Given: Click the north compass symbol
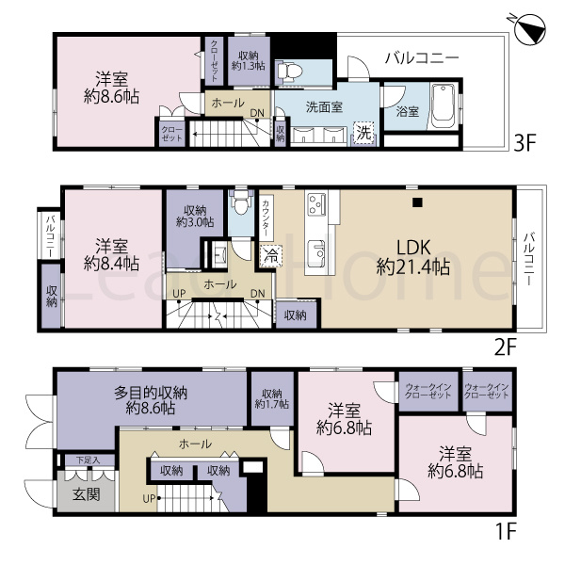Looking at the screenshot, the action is [x=530, y=29].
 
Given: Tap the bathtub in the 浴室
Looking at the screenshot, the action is [x=444, y=105].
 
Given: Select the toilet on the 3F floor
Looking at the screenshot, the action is [x=289, y=72].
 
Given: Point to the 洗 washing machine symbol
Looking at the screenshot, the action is [x=363, y=133].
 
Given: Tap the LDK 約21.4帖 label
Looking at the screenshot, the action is [x=413, y=257].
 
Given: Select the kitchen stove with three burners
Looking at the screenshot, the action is [x=316, y=204].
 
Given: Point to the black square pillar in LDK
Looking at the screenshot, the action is [x=417, y=202].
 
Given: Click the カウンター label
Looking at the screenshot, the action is [x=266, y=218].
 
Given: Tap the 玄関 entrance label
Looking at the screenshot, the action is [x=87, y=494].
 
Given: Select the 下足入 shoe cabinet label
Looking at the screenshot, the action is [x=88, y=460].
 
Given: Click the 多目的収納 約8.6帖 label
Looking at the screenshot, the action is [x=151, y=400].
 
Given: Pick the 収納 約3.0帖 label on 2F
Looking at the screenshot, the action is [x=195, y=216].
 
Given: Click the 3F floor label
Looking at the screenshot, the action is [x=525, y=143].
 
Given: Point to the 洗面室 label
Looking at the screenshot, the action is [x=324, y=107].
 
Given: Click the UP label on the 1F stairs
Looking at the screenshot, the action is [x=149, y=499].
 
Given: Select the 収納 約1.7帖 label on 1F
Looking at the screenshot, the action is [x=272, y=398].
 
